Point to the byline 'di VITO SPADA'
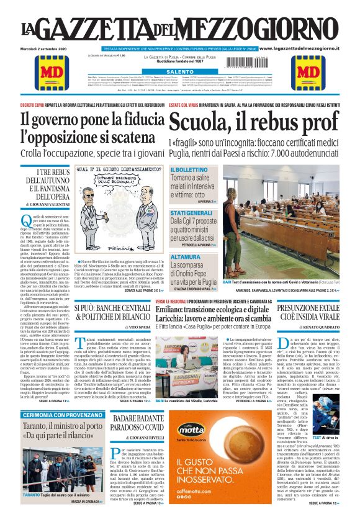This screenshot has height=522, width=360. tap(136, 326)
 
